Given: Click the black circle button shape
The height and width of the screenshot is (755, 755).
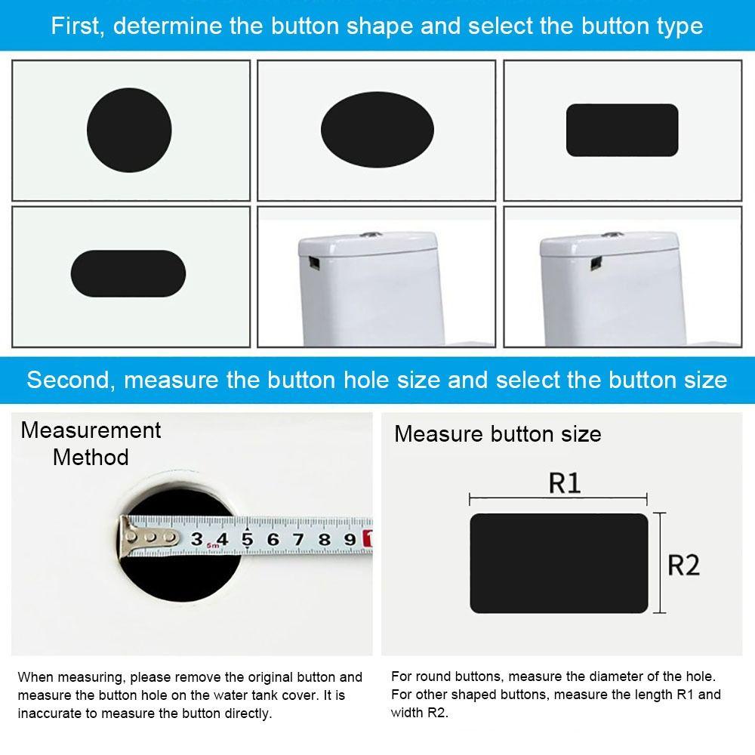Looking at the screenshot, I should [x=129, y=129].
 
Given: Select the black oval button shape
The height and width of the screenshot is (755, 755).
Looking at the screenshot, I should [x=377, y=129].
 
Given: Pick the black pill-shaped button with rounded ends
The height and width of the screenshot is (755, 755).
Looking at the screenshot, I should [x=128, y=273].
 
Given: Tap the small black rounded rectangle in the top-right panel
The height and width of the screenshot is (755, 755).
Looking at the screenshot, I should [x=622, y=130].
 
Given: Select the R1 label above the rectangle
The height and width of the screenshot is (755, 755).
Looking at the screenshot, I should [x=564, y=483].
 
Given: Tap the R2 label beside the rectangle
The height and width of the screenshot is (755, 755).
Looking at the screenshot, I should [x=683, y=565].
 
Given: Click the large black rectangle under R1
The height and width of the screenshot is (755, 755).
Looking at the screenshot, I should [x=559, y=563].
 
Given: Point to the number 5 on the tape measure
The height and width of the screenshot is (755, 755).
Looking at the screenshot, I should [x=247, y=539].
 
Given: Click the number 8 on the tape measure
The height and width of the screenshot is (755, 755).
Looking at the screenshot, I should [x=324, y=539].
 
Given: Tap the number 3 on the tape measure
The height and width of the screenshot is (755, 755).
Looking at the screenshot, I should [x=196, y=539].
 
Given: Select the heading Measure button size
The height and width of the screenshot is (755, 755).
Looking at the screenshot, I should [x=498, y=434].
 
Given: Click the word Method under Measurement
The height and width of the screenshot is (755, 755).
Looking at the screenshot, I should [x=91, y=458].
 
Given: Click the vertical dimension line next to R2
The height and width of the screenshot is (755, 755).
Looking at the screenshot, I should [x=661, y=563].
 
